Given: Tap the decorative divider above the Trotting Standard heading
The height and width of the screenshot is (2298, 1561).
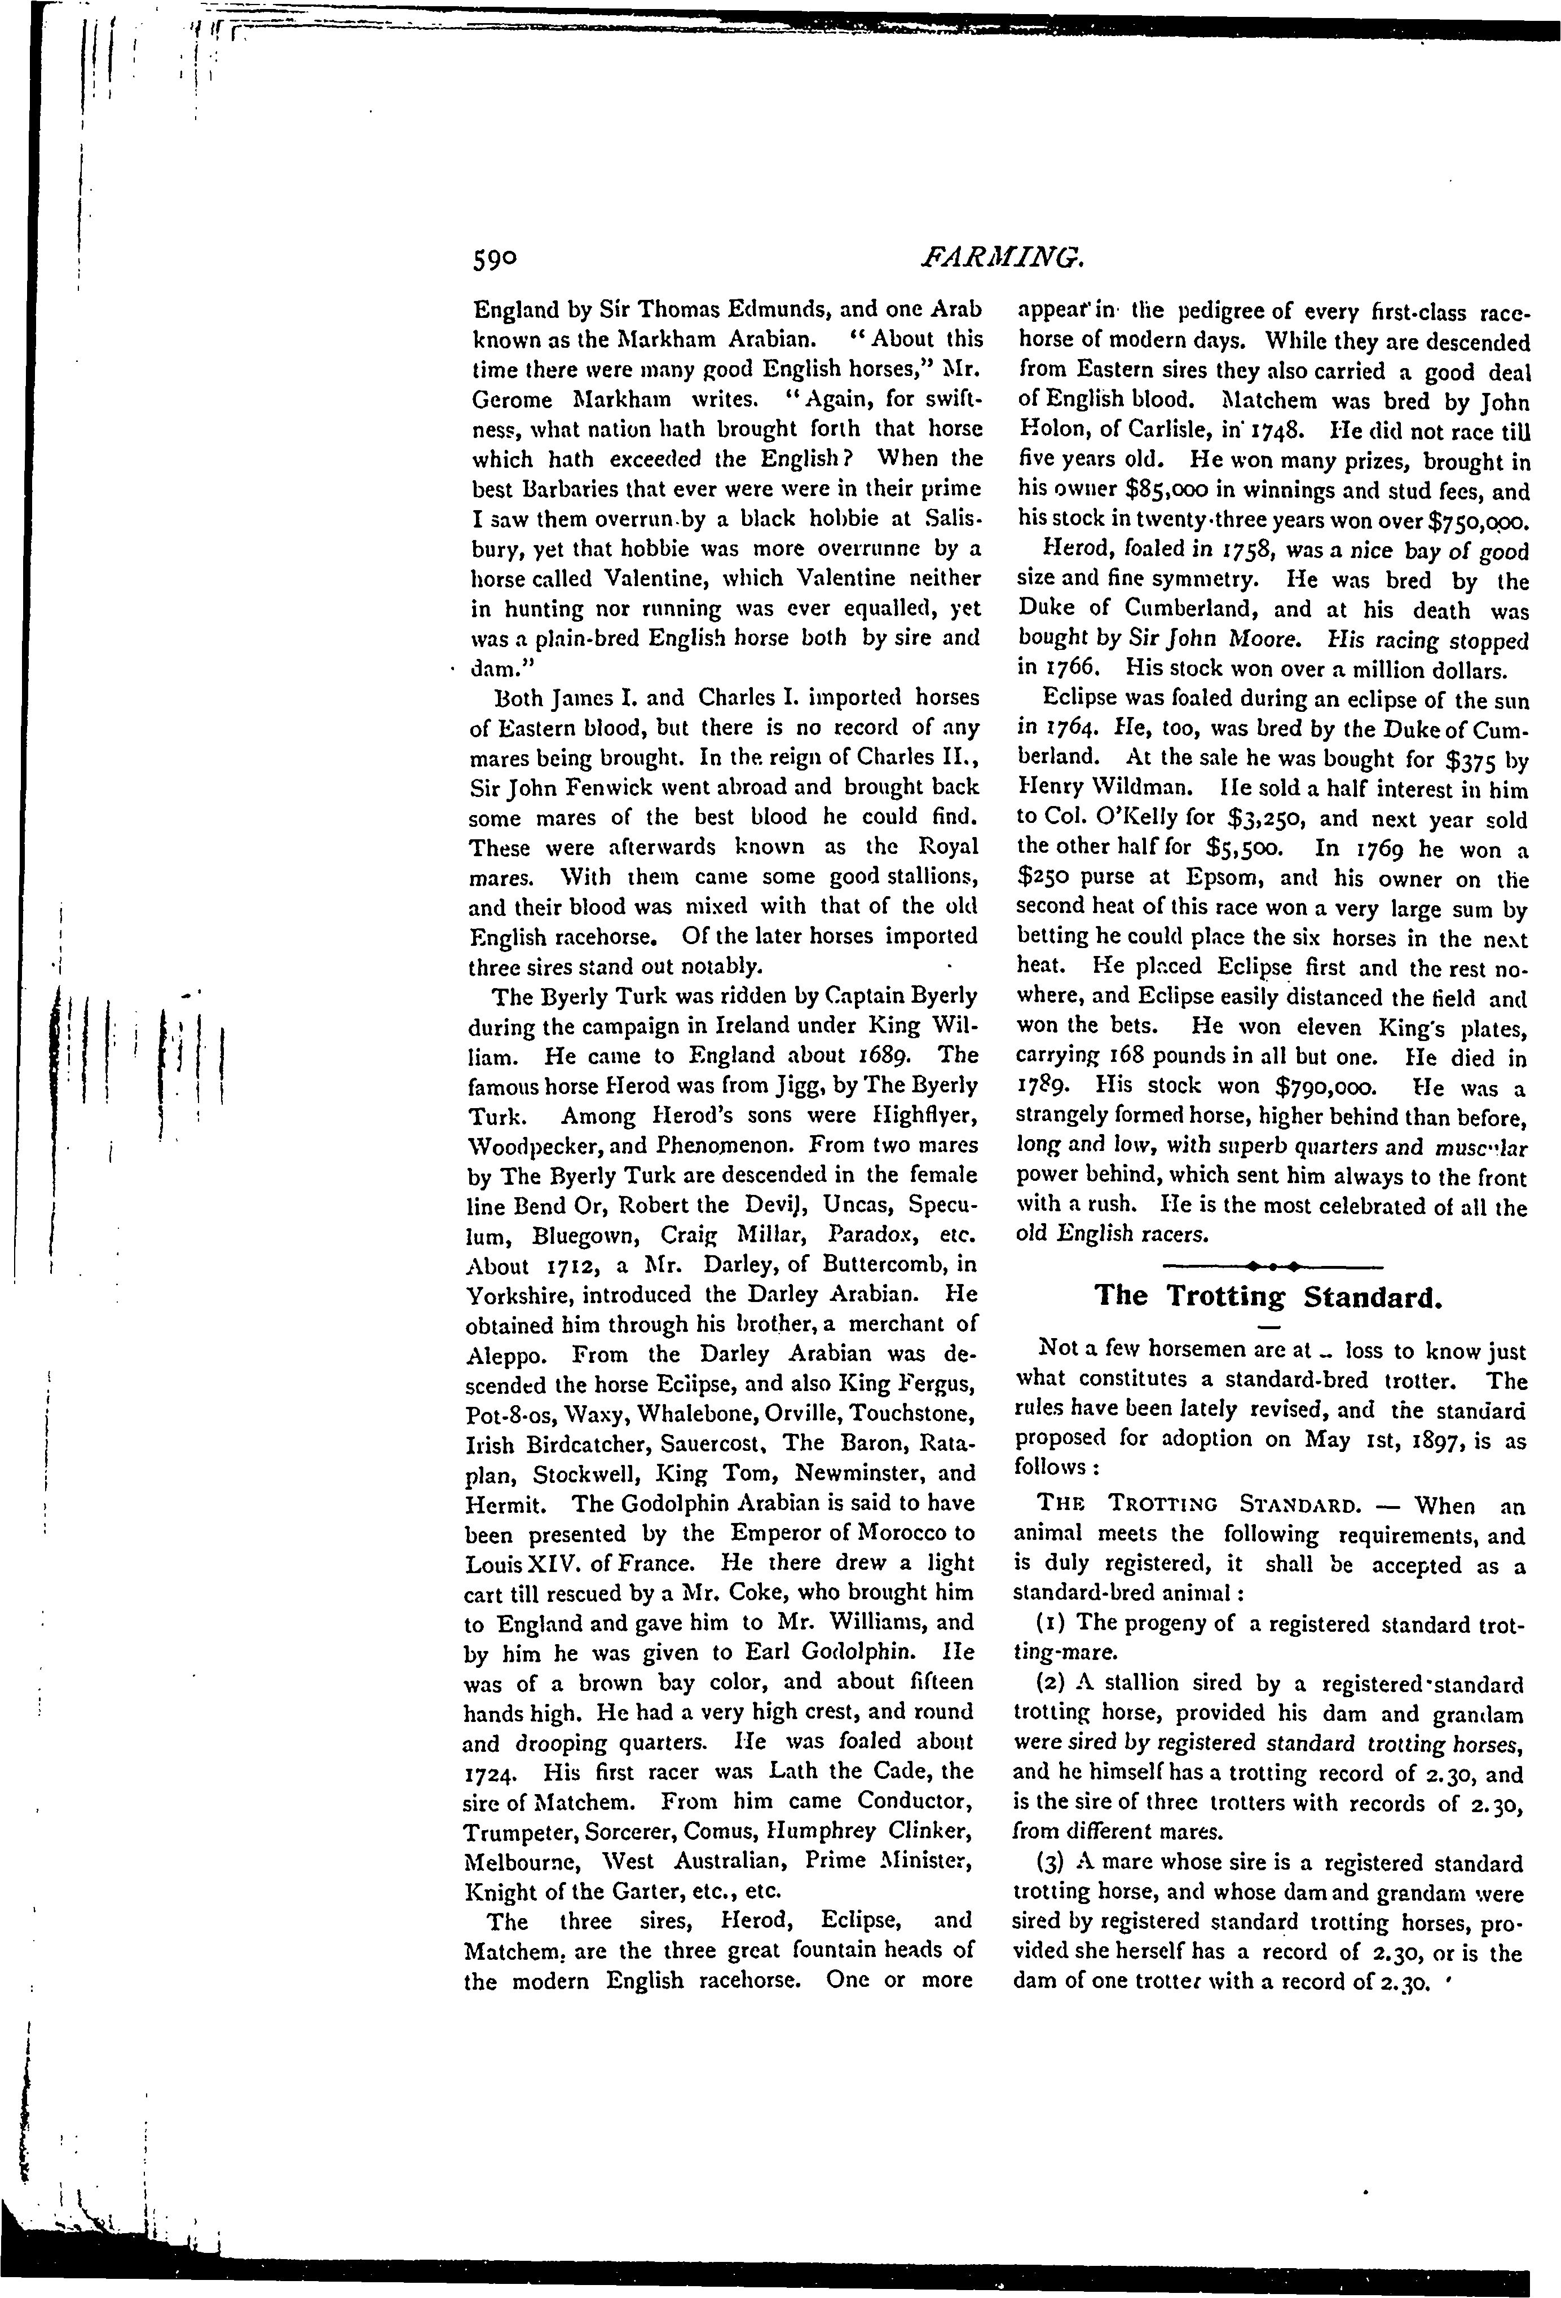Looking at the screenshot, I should pyautogui.click(x=1269, y=1265).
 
